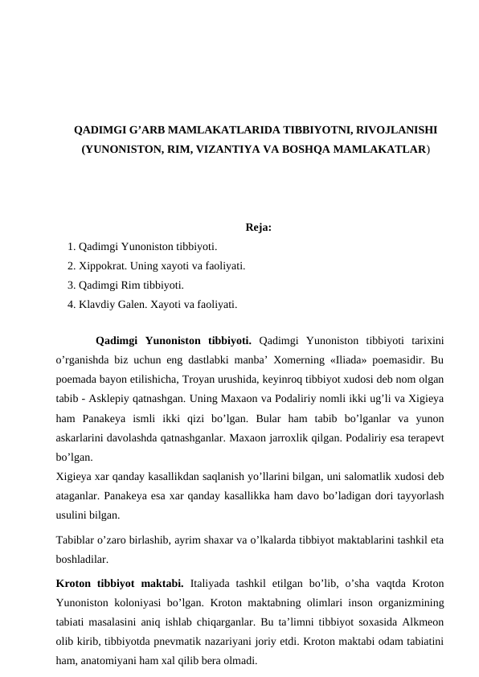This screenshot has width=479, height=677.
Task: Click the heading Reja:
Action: click(x=258, y=228)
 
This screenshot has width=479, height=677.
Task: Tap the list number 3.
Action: click(x=72, y=285)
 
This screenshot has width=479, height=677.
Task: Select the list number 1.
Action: click(x=72, y=246)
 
